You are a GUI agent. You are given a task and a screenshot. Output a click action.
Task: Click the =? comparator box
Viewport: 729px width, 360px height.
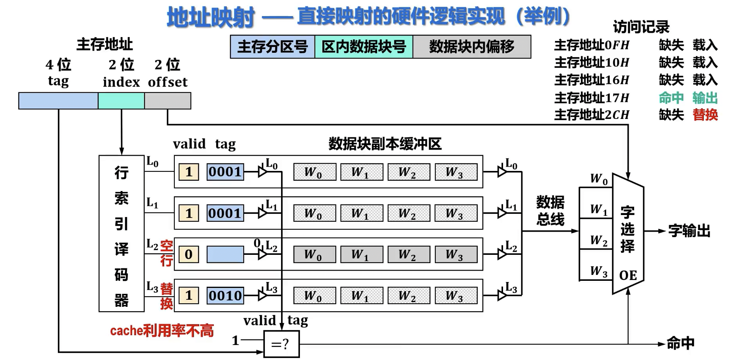[x=281, y=344]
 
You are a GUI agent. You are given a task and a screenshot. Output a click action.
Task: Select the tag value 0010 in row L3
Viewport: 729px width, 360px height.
[x=225, y=296]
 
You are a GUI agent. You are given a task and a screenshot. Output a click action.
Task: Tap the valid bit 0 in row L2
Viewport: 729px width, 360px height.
[x=189, y=254]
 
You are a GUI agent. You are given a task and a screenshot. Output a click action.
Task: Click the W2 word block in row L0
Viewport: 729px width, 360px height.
[x=409, y=172]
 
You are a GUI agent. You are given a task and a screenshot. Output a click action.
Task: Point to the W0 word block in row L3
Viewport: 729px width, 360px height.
[x=315, y=296]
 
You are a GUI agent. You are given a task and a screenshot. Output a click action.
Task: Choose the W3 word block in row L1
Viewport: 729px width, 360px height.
[x=456, y=213]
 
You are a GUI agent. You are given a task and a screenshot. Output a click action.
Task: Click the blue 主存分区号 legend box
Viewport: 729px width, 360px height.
[x=272, y=47]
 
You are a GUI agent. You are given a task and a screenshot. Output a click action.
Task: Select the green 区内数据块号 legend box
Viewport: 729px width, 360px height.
[x=364, y=47]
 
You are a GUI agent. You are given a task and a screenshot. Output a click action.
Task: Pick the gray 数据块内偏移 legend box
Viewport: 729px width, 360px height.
[x=472, y=47]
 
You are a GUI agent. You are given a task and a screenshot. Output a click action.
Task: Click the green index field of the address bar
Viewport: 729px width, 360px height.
[x=121, y=101]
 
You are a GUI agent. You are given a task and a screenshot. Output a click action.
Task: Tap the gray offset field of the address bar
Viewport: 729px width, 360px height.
[x=168, y=101]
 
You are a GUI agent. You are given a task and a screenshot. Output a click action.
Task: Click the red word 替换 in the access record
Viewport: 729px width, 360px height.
[x=705, y=115]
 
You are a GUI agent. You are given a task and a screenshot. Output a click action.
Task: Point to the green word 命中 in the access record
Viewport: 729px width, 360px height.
[x=671, y=98]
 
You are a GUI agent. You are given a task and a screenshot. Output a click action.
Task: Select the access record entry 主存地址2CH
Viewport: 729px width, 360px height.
[x=592, y=115]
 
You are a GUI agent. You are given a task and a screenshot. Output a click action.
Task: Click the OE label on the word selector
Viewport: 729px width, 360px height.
[x=628, y=275]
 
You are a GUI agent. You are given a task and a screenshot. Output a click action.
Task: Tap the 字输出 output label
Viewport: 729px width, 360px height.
[x=689, y=231]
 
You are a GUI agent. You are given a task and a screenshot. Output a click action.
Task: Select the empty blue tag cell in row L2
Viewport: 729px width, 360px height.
[x=225, y=254]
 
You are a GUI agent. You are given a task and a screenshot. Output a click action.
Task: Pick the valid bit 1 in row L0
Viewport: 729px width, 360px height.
[x=189, y=172]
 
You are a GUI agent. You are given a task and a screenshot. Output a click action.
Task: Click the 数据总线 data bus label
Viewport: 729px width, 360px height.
[x=550, y=211]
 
